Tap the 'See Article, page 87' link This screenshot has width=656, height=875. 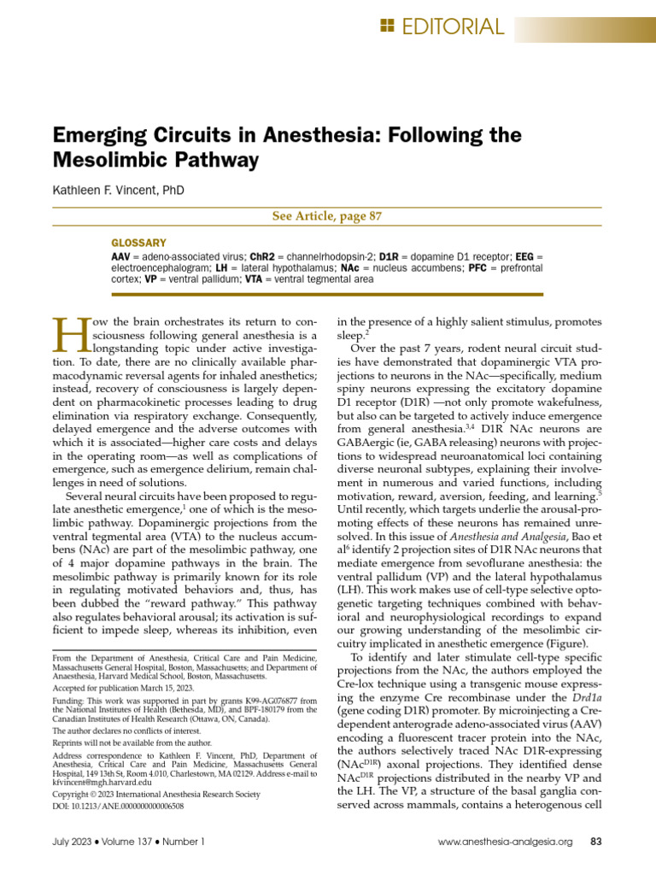pyautogui.click(x=327, y=216)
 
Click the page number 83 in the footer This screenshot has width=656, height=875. pyautogui.click(x=597, y=842)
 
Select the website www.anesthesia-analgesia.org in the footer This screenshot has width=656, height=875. pyautogui.click(x=504, y=842)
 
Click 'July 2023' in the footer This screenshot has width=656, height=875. pyautogui.click(x=75, y=842)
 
